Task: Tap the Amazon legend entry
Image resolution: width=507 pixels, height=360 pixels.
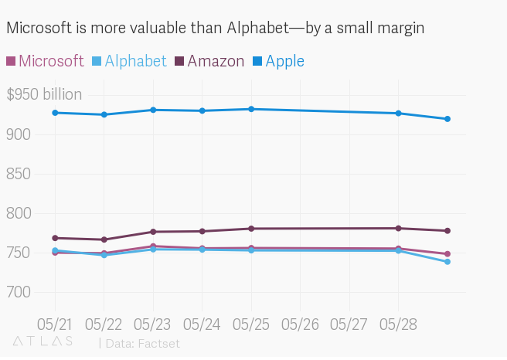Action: tap(209, 61)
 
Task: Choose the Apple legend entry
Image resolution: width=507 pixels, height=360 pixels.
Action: tap(278, 61)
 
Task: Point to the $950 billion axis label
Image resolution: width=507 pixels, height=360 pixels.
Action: tap(44, 95)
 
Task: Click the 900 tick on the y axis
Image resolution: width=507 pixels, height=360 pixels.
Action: tap(19, 134)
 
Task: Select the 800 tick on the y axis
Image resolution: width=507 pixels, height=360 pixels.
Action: tap(19, 213)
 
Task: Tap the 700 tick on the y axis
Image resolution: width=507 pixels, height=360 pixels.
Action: tap(19, 292)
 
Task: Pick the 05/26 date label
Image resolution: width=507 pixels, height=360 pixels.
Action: tap(300, 322)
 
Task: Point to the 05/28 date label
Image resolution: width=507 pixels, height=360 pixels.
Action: tap(397, 322)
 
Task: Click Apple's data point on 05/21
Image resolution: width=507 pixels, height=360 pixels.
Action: tap(56, 113)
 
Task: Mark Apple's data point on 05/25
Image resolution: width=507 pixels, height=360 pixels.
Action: tap(251, 109)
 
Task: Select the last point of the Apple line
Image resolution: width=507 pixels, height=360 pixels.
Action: tap(447, 119)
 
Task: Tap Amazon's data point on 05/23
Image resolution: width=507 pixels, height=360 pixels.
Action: tap(153, 232)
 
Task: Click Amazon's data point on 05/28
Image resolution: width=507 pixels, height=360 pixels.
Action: tap(398, 229)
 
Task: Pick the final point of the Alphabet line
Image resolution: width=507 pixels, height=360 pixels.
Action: tap(447, 262)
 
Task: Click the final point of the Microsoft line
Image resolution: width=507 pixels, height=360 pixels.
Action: tap(447, 254)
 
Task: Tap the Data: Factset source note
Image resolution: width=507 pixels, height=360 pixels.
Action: tap(142, 343)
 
